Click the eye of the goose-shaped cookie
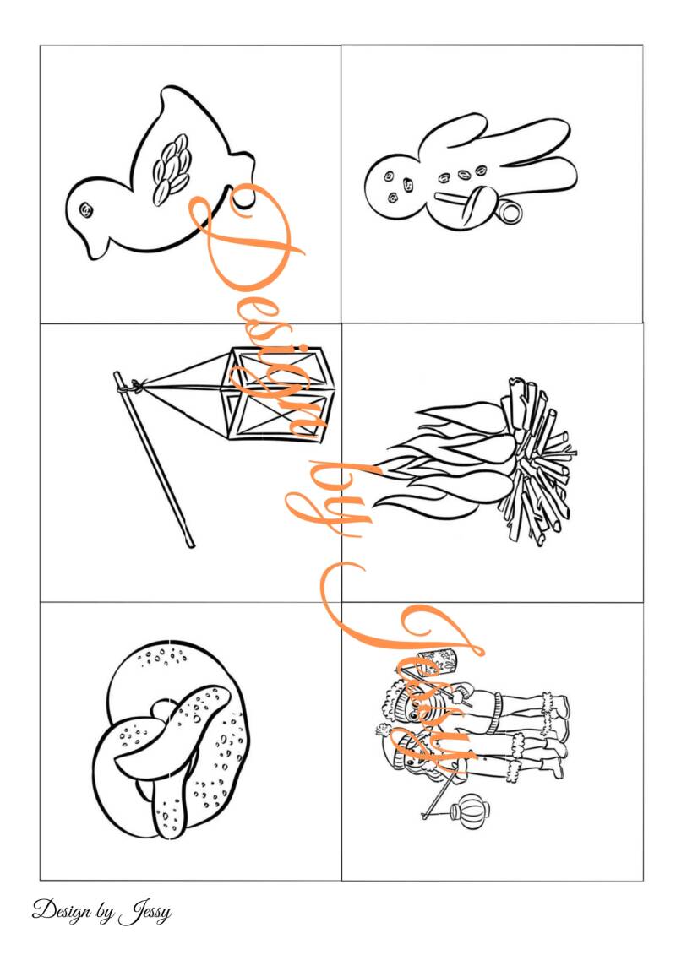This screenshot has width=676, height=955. click(x=86, y=210)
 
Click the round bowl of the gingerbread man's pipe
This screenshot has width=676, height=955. click(x=509, y=211)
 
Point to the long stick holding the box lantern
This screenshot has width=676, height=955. click(x=153, y=459)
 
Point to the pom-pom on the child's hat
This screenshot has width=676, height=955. click(x=382, y=729)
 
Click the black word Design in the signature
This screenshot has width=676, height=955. click(x=62, y=910)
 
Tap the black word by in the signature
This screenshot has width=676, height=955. click(x=104, y=912)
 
